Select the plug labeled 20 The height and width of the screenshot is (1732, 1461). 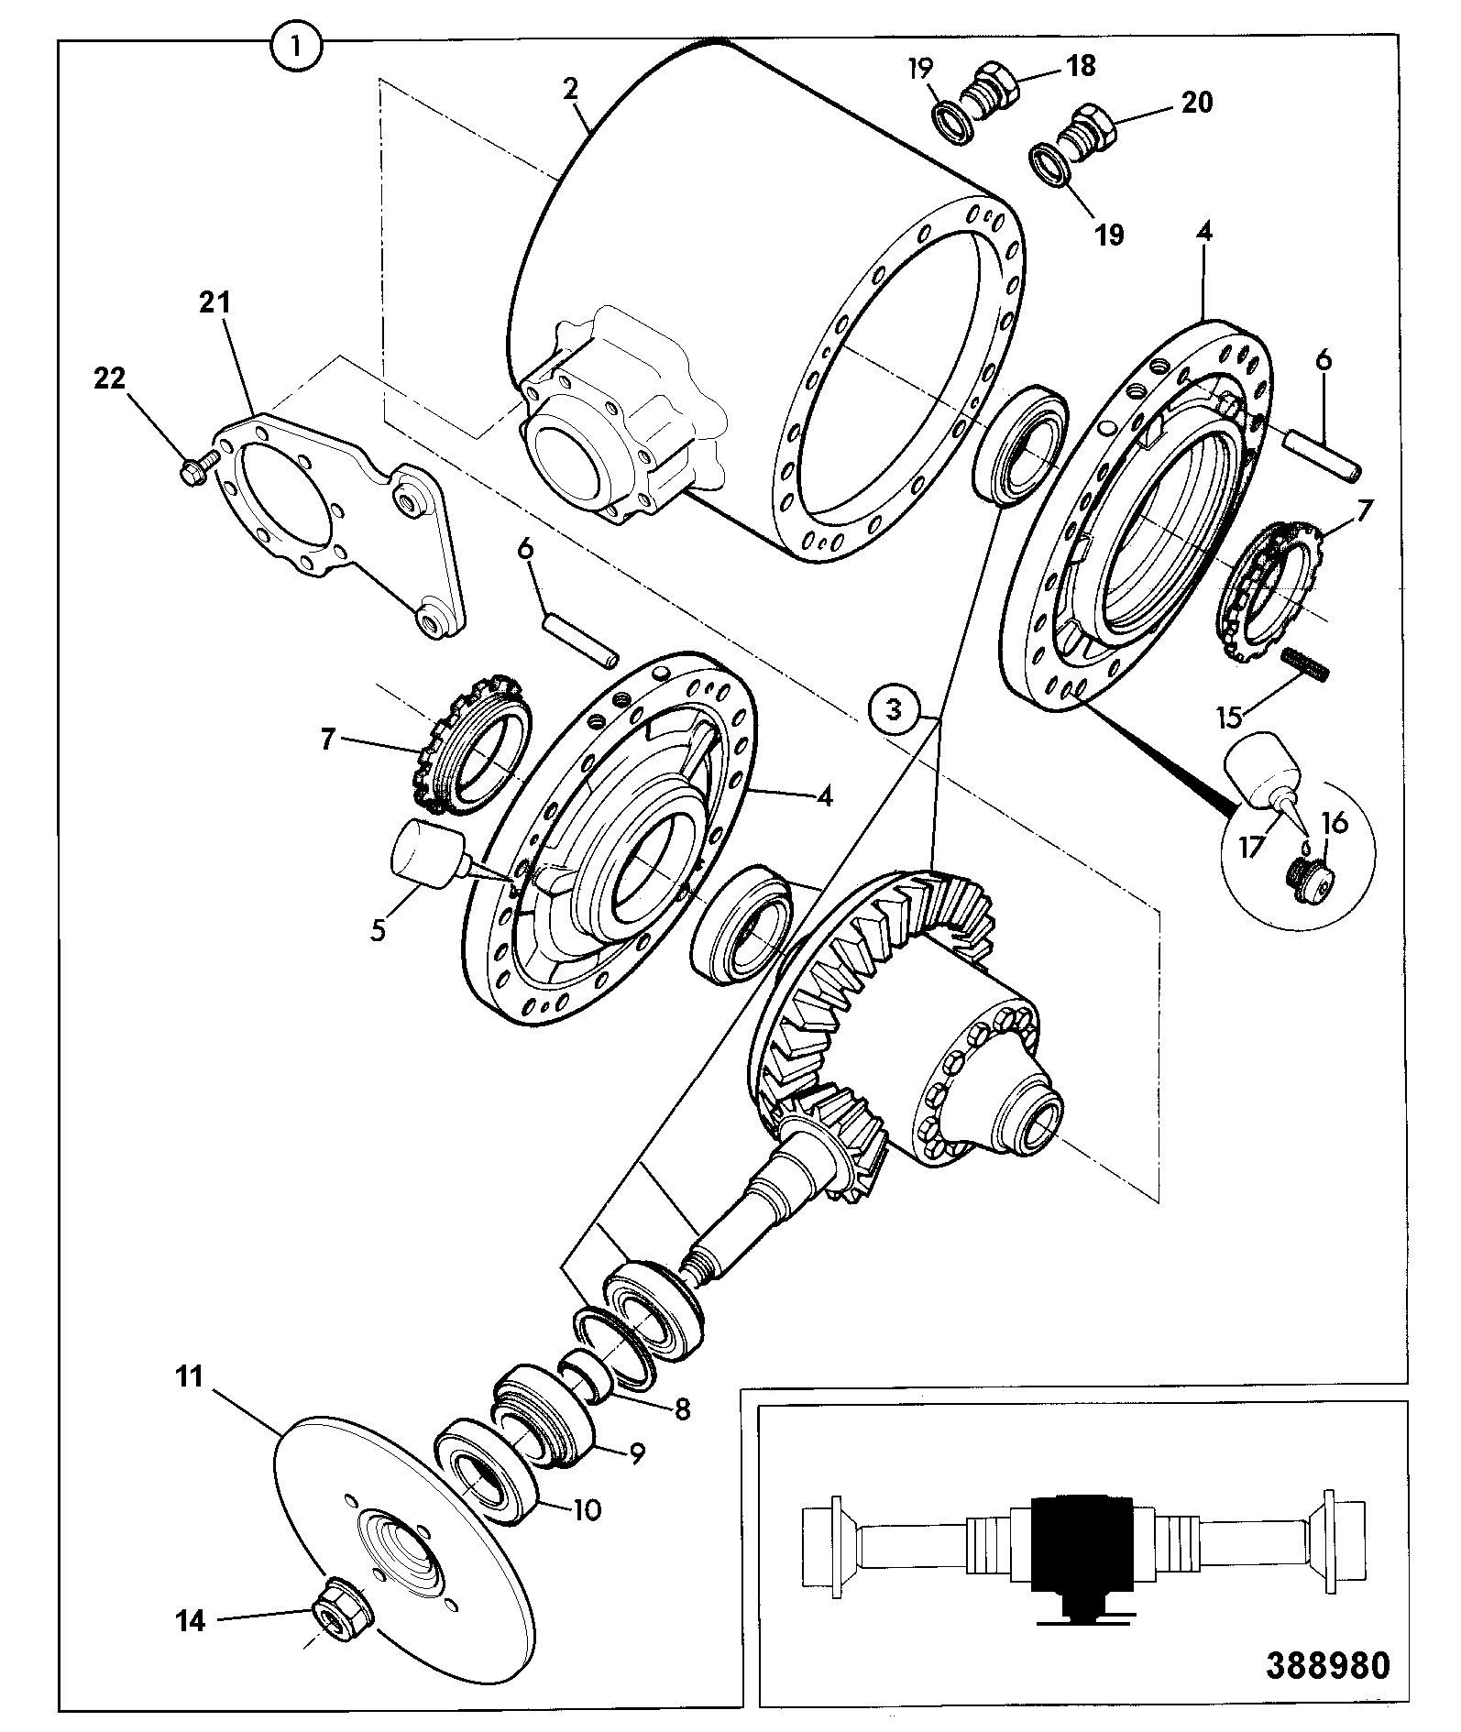[x=1082, y=135]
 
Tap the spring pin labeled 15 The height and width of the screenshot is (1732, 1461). [x=1306, y=663]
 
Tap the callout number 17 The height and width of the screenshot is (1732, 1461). [x=1252, y=848]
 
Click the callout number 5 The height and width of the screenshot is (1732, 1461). [x=378, y=927]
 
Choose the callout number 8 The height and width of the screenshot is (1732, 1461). [x=681, y=1409]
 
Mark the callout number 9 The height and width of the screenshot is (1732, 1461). [x=635, y=1452]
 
